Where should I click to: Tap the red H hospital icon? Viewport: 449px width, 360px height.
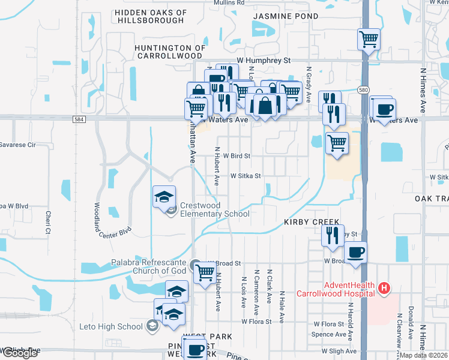tap(385, 289)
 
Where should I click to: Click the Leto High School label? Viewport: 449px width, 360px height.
tap(112, 326)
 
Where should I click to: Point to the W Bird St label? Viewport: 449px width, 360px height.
tap(236, 155)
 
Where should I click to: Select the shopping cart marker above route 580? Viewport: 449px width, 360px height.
tap(369, 40)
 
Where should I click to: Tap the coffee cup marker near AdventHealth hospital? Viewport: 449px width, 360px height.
tap(355, 252)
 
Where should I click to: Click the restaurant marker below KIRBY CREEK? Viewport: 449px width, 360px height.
tap(333, 235)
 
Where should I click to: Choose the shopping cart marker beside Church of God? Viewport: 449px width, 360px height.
tap(205, 273)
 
